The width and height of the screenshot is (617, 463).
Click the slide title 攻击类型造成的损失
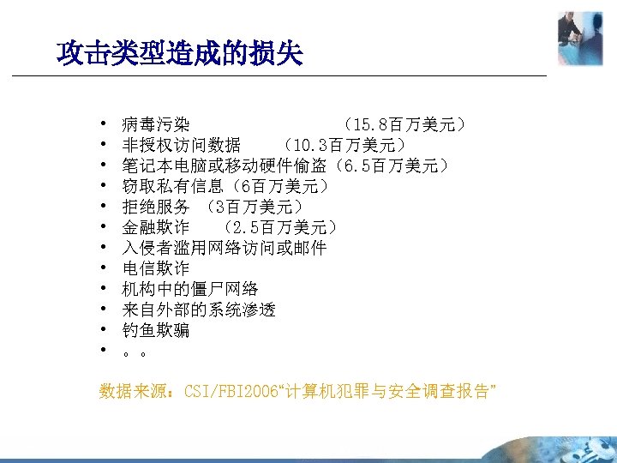[x=180, y=55]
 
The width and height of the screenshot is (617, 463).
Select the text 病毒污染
[x=156, y=125]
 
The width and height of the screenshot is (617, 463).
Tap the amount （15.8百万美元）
[x=404, y=125]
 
